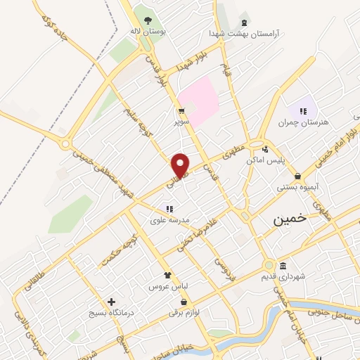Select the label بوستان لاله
click(147, 32)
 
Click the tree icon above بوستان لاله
click(147, 19)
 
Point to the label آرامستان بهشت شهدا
click(244, 33)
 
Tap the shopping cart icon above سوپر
click(182, 110)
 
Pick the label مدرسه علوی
click(170, 219)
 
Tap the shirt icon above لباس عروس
click(167, 275)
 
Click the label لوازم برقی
click(183, 314)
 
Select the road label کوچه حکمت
click(115, 243)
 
